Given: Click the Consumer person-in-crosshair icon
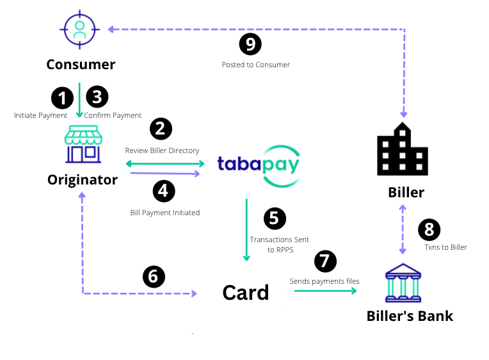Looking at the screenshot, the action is [x=80, y=29].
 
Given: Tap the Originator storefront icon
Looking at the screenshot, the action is [x=83, y=144].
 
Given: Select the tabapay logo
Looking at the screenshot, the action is [x=259, y=166].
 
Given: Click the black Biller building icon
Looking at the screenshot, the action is [x=403, y=149].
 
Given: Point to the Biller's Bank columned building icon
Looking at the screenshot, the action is [x=403, y=283].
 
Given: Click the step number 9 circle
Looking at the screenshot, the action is [x=250, y=44].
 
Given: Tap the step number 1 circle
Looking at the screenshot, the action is [x=62, y=98].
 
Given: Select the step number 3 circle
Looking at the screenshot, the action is [x=97, y=97].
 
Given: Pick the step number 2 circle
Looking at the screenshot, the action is [x=161, y=129].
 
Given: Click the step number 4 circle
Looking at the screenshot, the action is [x=164, y=191].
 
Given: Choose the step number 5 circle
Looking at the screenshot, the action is [x=275, y=218].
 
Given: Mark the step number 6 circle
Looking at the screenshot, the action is [x=154, y=276].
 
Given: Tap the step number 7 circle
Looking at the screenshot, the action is [x=325, y=261].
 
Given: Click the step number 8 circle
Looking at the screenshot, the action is [x=429, y=229].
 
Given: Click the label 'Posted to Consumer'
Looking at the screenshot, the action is [x=256, y=65].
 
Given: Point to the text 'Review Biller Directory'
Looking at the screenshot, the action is [x=162, y=151].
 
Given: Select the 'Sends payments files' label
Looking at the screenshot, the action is [x=325, y=281].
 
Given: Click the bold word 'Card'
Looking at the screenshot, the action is [x=246, y=293].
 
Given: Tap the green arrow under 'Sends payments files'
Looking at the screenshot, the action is [x=325, y=291].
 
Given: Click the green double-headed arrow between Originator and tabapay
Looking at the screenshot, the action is [x=165, y=163].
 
